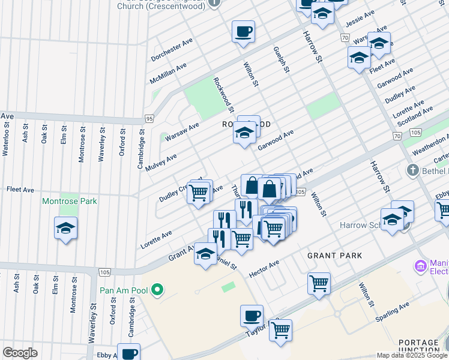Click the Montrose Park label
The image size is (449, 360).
[x=69, y=202]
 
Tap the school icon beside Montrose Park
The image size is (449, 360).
[x=66, y=229]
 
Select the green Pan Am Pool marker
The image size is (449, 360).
[x=157, y=290]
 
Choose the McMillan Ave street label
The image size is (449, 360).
[x=168, y=74]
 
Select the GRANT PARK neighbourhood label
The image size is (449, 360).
[x=334, y=256]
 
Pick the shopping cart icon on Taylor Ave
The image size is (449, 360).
[x=280, y=329]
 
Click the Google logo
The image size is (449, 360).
[x=20, y=353]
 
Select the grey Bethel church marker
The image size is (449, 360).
[x=412, y=170]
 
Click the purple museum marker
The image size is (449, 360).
[x=421, y=265]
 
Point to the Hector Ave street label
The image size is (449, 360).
[x=264, y=268]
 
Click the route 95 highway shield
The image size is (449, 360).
[x=149, y=118]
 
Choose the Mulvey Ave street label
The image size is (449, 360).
[x=161, y=163]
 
